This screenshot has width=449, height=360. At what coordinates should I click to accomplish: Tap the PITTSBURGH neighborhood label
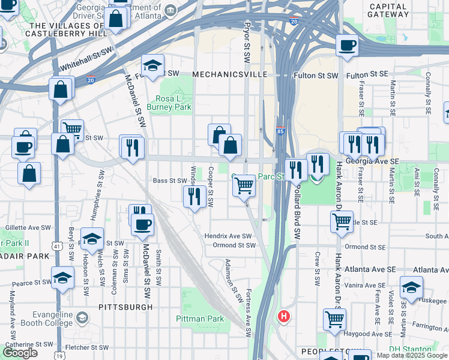point(125,307)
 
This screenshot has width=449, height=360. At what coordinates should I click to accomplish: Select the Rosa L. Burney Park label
point(173,103)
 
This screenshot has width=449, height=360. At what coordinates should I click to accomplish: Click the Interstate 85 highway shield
point(280,130)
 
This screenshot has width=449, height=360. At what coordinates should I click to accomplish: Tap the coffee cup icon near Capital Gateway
point(346,46)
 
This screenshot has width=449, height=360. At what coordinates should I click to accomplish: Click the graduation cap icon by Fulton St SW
point(153,66)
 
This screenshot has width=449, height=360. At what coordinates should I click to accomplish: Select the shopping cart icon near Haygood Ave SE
point(334,319)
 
